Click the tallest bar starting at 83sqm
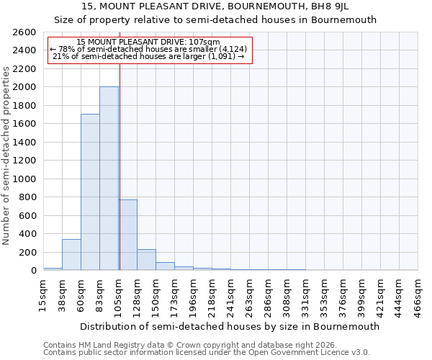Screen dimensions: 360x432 click(109, 179)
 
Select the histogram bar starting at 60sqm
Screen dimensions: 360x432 click(90, 192)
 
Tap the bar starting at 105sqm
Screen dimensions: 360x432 click(128, 235)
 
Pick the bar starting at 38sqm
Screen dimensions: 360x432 click(71, 255)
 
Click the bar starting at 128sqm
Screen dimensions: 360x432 click(146, 260)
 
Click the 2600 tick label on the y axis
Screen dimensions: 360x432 click(25, 32)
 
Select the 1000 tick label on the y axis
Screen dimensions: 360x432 click(25, 179)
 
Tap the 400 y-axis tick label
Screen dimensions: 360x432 click(28, 234)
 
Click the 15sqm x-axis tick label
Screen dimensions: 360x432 click(43, 295)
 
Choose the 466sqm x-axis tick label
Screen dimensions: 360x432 click(418, 295)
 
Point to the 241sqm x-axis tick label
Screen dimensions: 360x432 click(230, 295)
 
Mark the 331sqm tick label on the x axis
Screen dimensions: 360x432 click(305, 295)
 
